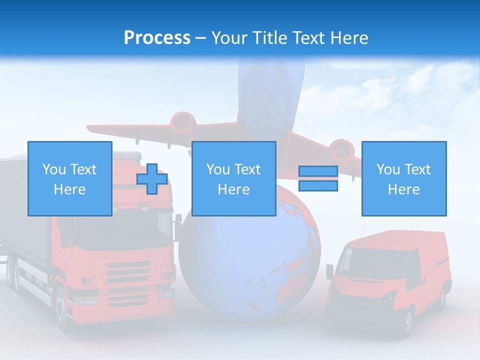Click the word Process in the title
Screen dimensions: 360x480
coord(157,38)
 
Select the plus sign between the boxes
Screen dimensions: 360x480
coord(152,179)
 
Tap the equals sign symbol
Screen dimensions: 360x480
coord(318,178)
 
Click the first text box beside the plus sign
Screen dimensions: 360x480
coord(69,178)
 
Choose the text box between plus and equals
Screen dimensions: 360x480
coord(233,178)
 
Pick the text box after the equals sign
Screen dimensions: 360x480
coord(403,178)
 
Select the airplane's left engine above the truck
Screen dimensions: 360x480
coord(182,122)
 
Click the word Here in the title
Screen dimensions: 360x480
coord(348,38)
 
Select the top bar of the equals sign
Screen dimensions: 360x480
coord(318,171)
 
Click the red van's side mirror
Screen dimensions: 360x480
coord(329,271)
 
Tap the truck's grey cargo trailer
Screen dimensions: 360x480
coord(20,210)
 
